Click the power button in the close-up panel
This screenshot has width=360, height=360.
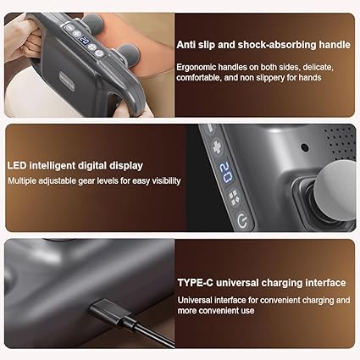[x=242, y=221]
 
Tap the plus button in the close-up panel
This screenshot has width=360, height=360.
[x=217, y=147]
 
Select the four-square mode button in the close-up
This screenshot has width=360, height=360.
[x=234, y=197]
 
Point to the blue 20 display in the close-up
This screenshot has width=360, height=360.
[x=226, y=173]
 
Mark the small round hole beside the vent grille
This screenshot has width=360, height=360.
[x=305, y=147]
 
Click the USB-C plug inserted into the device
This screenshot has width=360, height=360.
[x=109, y=312]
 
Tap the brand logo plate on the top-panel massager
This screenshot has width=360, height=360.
[x=67, y=80]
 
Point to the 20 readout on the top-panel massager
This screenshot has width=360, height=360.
[x=85, y=41]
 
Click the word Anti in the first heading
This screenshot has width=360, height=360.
[x=186, y=45]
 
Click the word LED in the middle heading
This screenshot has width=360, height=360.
[x=17, y=165]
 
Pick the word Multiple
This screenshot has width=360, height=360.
[x=22, y=180]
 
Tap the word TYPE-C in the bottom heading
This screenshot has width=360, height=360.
[x=196, y=283]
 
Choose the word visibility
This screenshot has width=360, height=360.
[x=166, y=180]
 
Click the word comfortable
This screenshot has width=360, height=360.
[x=199, y=77]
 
